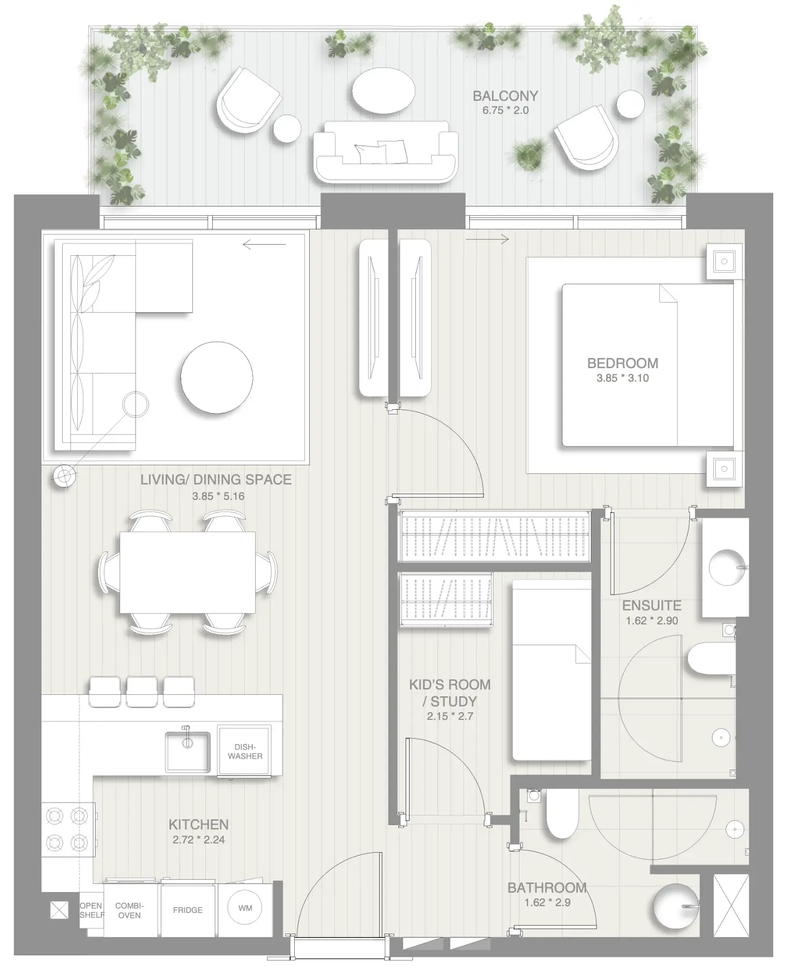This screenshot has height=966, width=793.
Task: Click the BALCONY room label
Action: point(505,96)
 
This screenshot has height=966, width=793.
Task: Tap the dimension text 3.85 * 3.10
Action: point(622,378)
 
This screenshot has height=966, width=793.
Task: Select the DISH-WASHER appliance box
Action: point(245,752)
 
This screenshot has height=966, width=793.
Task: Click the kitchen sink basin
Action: point(188,751)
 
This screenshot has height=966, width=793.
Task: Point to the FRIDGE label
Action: point(188,910)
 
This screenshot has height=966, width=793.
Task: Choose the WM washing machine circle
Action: point(245,908)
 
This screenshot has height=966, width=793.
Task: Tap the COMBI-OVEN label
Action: point(129,911)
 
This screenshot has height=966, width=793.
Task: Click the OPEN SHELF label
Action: point(91,910)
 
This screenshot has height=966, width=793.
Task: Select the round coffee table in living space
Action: point(217,377)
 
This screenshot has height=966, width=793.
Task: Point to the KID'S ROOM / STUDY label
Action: point(450,693)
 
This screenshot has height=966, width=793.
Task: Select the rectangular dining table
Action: point(188,572)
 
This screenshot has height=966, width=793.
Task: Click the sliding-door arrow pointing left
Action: point(264,245)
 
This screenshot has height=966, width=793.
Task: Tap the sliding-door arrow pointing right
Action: point(487,239)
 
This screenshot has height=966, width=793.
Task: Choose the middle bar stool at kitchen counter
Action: point(142,691)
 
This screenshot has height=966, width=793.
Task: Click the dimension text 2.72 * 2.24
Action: point(199,840)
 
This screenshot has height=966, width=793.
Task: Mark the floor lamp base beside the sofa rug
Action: point(64,476)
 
